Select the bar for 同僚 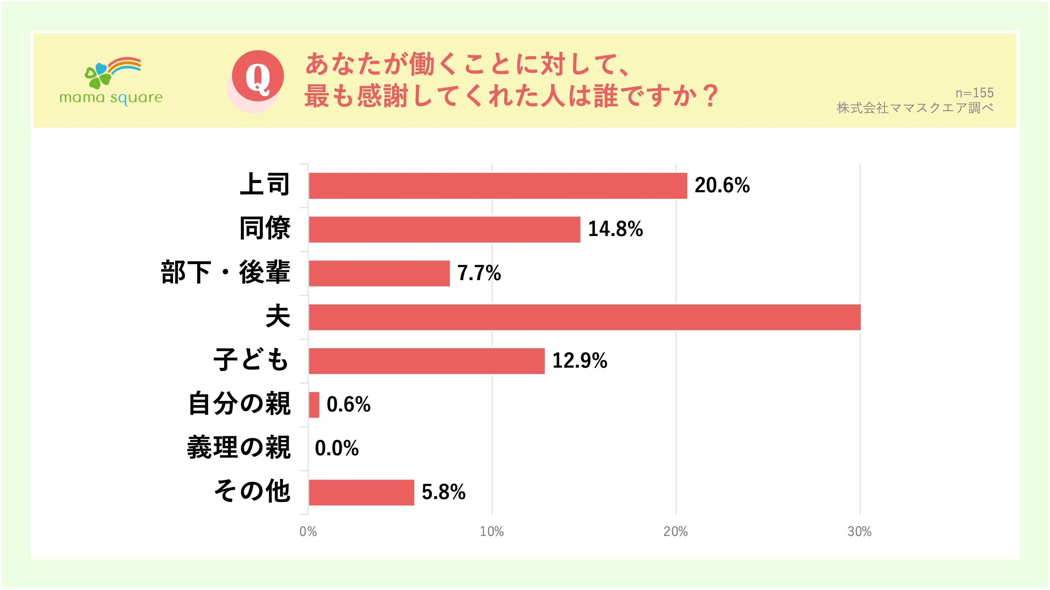click(444, 229)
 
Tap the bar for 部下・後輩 click(379, 273)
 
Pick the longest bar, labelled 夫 click(584, 317)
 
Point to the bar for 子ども click(426, 361)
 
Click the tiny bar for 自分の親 click(314, 405)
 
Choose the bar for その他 click(361, 492)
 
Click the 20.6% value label click(722, 185)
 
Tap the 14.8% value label click(615, 229)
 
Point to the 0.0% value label click(337, 448)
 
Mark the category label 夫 click(278, 316)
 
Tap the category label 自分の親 click(239, 404)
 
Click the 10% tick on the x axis click(492, 531)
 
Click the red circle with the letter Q click(258, 76)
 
